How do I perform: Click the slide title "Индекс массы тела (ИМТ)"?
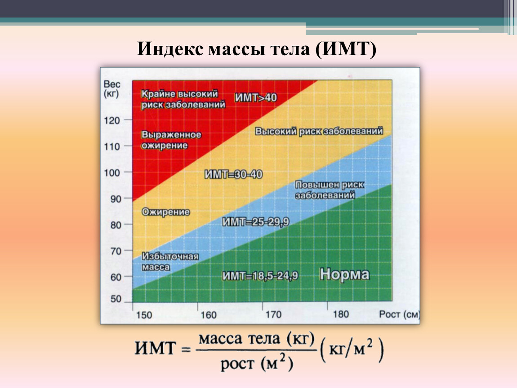[x=257, y=49]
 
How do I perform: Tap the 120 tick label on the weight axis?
[x=112, y=120]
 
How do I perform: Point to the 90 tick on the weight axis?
[x=116, y=199]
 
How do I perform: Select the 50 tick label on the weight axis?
[x=116, y=299]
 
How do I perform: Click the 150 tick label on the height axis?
[x=144, y=315]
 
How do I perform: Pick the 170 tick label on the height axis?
[x=274, y=314]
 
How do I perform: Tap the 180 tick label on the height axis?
[x=341, y=314]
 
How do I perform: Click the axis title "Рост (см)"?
[x=399, y=314]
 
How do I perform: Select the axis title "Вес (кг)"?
[x=112, y=89]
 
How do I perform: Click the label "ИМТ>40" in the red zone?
[x=256, y=97]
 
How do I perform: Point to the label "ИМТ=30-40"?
[x=233, y=174]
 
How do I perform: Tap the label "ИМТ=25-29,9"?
[x=255, y=222]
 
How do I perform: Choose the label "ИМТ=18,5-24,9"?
[x=260, y=276]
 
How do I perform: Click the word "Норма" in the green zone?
[x=344, y=274]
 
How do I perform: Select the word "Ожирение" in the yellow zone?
[x=166, y=212]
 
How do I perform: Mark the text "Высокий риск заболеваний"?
[x=319, y=131]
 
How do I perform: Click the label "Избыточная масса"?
[x=170, y=261]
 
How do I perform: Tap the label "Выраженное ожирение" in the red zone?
[x=171, y=140]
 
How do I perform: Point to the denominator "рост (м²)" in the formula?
[x=257, y=363]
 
